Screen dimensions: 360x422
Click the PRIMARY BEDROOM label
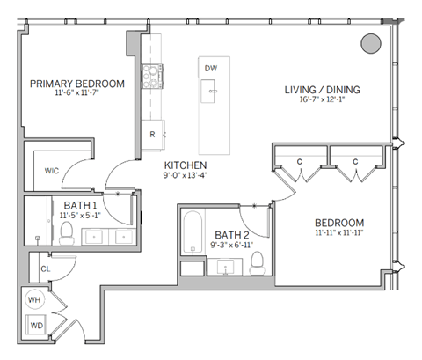76,84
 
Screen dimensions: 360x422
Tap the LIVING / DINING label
322,90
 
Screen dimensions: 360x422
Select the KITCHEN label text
186,165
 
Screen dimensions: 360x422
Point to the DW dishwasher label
211,68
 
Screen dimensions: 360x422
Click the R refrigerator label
152,134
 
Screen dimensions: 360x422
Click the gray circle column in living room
372,43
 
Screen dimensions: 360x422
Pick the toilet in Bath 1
66,231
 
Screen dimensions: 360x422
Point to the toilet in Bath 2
258,262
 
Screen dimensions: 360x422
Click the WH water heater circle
34,300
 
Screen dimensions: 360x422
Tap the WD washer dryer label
35,327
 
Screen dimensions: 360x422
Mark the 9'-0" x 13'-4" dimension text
186,176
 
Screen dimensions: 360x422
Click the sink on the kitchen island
211,88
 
